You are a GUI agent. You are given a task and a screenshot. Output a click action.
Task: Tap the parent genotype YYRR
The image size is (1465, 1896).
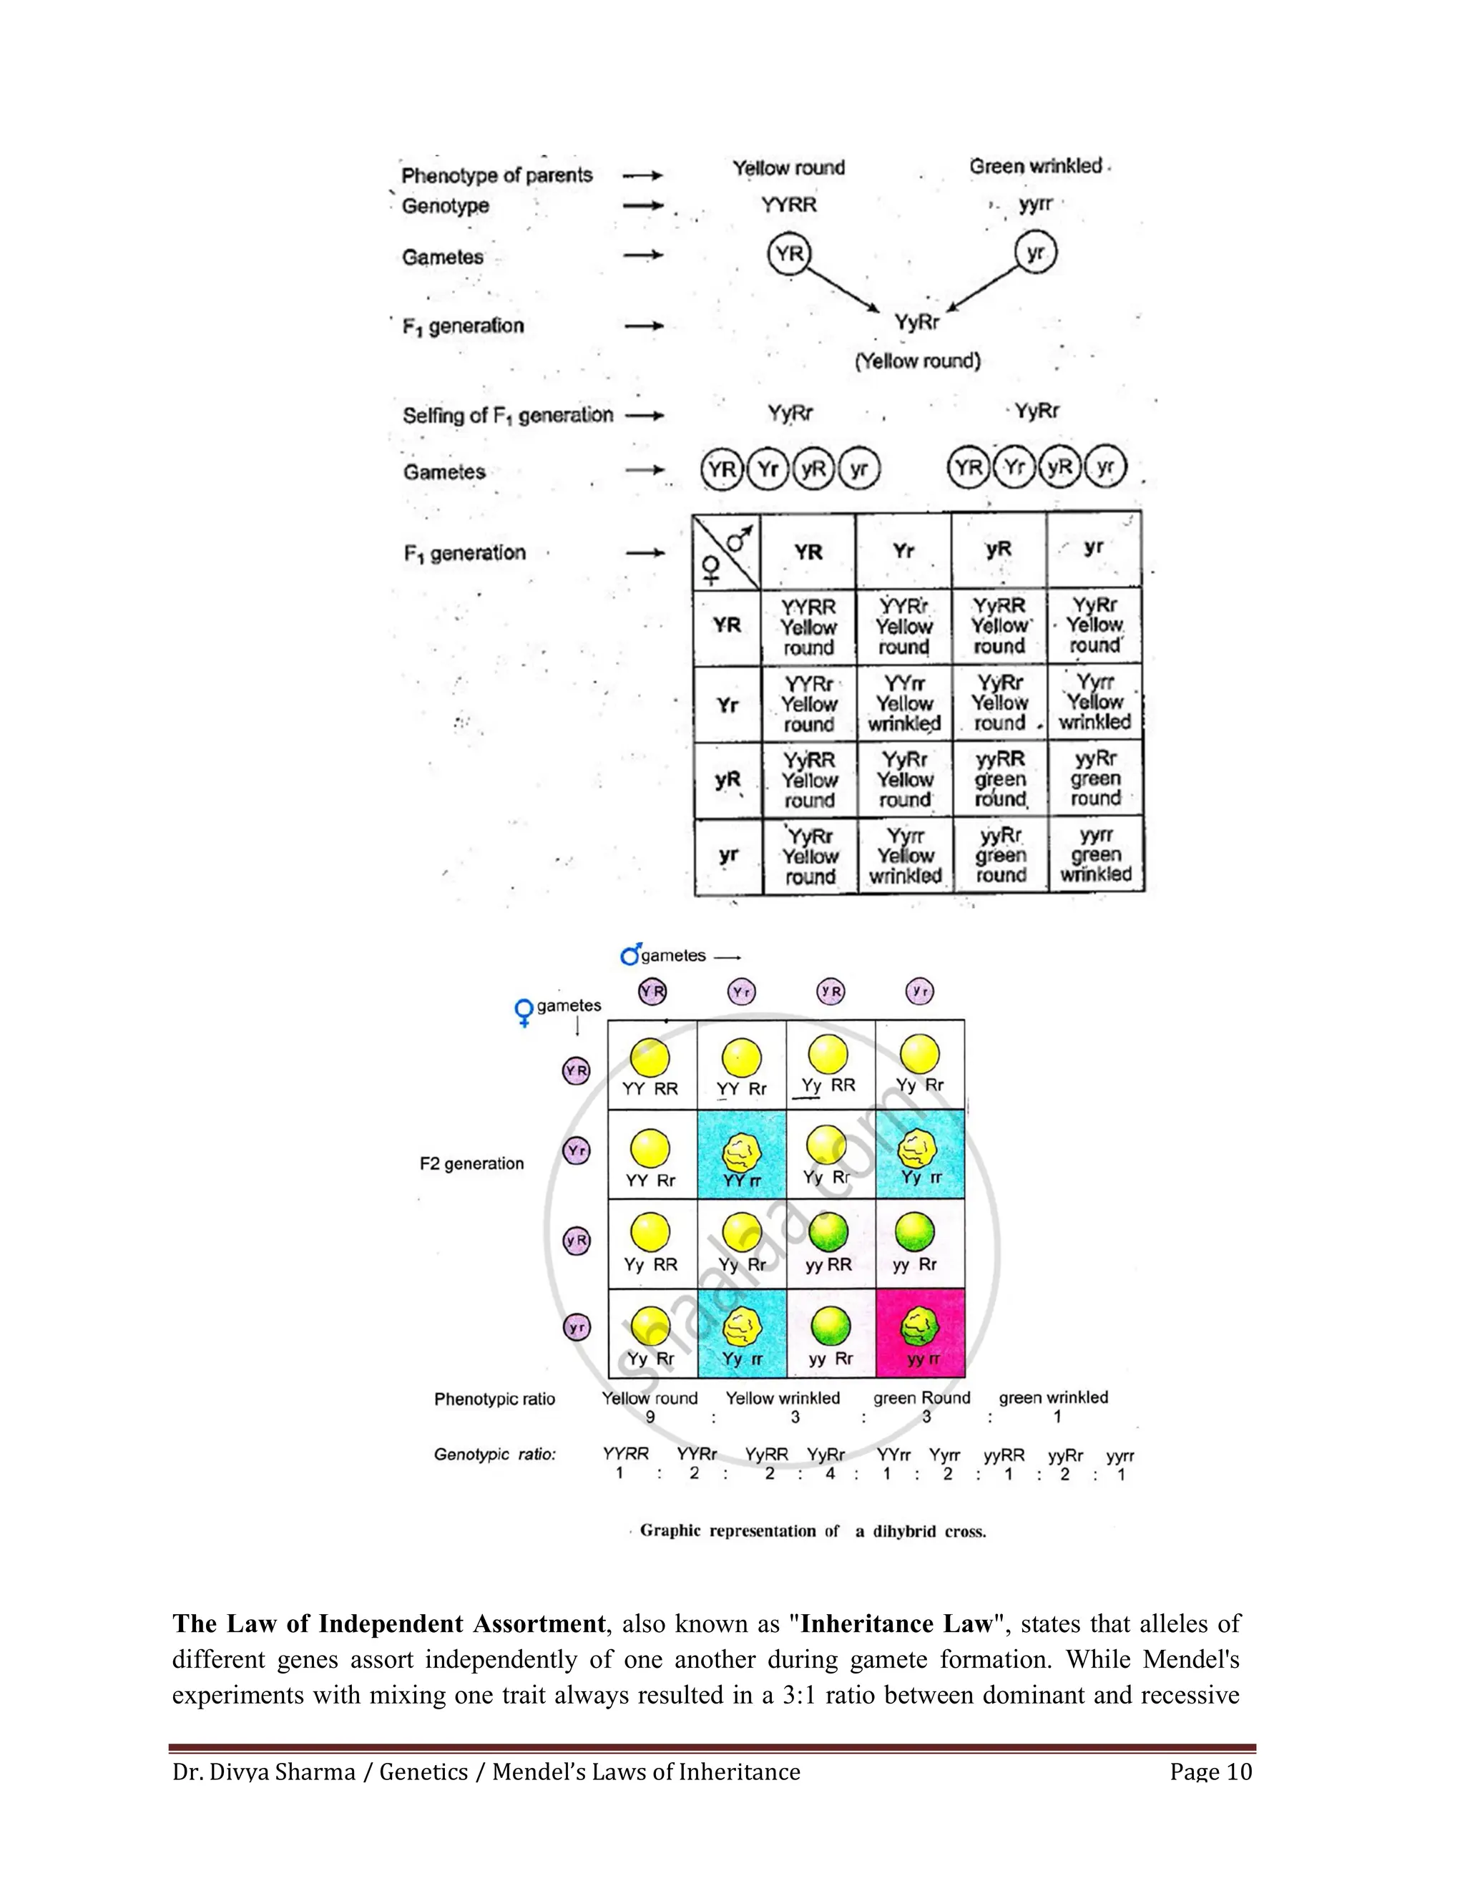(789, 205)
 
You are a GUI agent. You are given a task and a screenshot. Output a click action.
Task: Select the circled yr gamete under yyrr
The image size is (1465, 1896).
(1035, 253)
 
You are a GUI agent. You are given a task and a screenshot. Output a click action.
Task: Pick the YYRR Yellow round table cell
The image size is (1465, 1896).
(809, 627)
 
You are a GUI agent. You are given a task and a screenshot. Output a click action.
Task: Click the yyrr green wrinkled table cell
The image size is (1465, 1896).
(1095, 855)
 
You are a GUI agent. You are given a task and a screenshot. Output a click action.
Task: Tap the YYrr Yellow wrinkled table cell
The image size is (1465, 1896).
(904, 703)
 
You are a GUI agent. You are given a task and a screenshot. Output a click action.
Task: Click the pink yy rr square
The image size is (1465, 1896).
(920, 1334)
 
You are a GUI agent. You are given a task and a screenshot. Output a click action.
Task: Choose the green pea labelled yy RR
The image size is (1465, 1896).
(828, 1232)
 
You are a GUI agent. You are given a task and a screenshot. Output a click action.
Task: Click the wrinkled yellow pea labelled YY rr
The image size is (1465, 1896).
(742, 1152)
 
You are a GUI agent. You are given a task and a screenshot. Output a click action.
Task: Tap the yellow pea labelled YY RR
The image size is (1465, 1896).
(650, 1058)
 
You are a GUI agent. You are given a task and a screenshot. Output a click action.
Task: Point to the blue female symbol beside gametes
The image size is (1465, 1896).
(524, 1012)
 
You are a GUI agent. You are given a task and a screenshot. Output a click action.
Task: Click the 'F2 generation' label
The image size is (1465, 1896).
(471, 1163)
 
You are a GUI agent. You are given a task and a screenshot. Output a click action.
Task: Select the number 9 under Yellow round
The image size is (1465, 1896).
(650, 1417)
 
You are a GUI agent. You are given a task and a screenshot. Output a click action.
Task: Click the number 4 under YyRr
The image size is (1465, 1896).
(830, 1473)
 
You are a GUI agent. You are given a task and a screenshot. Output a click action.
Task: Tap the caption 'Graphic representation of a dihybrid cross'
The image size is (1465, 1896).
(813, 1530)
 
